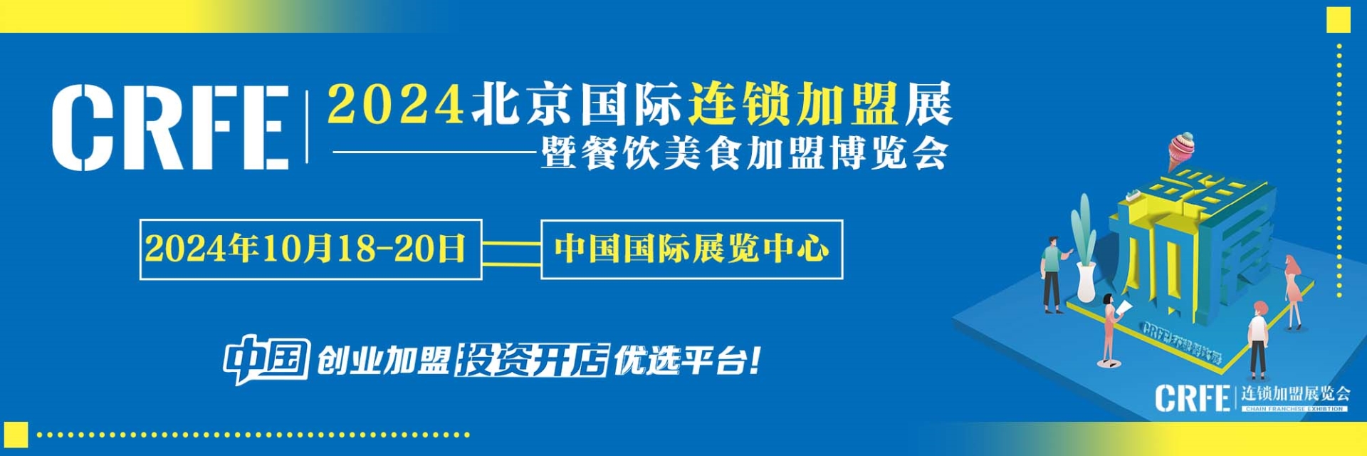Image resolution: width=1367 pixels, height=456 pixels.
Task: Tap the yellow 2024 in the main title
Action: [x=396, y=105]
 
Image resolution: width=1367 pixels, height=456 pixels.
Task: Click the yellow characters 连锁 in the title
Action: [x=737, y=105]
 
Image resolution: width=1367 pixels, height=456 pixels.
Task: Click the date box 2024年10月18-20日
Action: [x=310, y=249]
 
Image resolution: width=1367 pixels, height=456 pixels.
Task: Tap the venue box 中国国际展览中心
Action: [x=691, y=249]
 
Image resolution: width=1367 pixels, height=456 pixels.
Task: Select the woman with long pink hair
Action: [x=1292, y=292]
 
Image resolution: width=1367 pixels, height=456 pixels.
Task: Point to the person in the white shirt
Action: [x=1258, y=339]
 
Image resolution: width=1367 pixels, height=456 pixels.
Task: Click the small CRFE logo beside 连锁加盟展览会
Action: [x=1192, y=398]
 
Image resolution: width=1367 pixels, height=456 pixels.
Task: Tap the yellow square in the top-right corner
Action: [x=1339, y=20]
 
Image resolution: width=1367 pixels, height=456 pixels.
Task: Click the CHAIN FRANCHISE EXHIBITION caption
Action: [x=1294, y=409]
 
